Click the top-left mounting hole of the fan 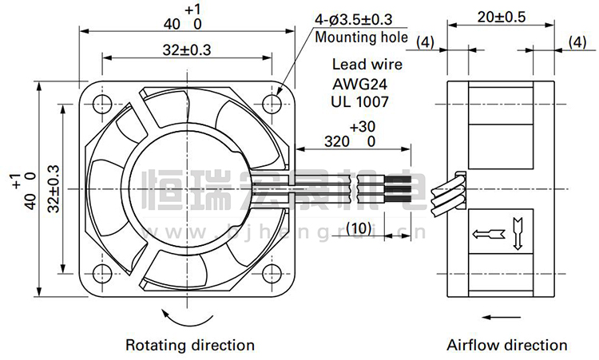(101, 103)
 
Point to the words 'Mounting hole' (361, 37)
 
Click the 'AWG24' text (359, 83)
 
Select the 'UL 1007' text (359, 101)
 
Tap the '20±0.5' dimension (501, 16)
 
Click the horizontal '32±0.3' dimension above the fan (187, 49)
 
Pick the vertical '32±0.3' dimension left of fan (54, 188)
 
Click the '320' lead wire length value (339, 141)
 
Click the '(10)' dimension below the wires (359, 228)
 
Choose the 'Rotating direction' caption (190, 345)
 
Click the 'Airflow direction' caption (507, 345)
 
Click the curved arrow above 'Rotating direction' (189, 318)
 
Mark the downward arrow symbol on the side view (517, 228)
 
